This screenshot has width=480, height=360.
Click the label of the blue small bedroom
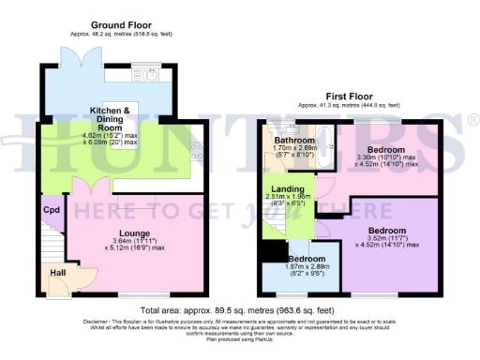[307, 258]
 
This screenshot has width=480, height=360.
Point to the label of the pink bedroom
[385, 150]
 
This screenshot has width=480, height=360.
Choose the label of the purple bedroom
[387, 231]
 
